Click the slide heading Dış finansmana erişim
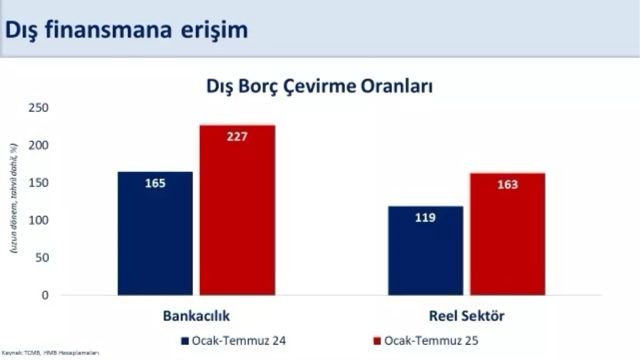pyautogui.click(x=126, y=30)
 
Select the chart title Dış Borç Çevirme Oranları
pyautogui.click(x=319, y=87)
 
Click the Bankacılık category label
pyautogui.click(x=196, y=316)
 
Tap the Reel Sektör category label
pyautogui.click(x=467, y=316)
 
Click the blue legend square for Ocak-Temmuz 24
pyautogui.click(x=185, y=341)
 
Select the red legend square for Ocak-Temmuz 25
pyautogui.click(x=376, y=341)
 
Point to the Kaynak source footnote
pyautogui.click(x=51, y=354)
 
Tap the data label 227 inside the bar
pyautogui.click(x=237, y=137)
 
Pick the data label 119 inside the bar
pyautogui.click(x=426, y=218)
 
